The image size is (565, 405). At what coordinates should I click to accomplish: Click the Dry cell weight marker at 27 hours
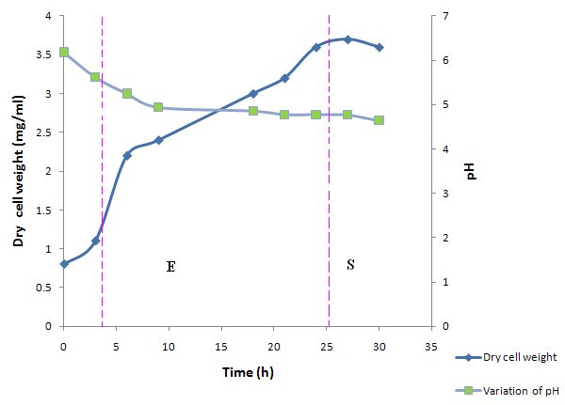tap(347, 39)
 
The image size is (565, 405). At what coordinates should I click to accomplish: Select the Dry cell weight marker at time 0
tap(64, 264)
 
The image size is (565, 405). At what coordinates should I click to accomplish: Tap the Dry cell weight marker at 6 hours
tap(127, 155)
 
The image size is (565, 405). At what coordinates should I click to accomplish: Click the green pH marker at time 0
tap(64, 52)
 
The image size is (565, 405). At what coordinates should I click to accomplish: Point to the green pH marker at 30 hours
tap(379, 120)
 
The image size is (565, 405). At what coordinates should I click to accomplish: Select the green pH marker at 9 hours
tap(158, 107)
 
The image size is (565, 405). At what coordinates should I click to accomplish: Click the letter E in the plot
tap(170, 266)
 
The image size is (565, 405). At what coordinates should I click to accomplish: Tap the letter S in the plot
tap(350, 265)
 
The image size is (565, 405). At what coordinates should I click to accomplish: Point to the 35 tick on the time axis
tap(431, 347)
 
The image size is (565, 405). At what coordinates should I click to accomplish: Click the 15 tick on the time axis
tap(221, 347)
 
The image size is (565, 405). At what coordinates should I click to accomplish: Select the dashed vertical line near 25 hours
tap(329, 188)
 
